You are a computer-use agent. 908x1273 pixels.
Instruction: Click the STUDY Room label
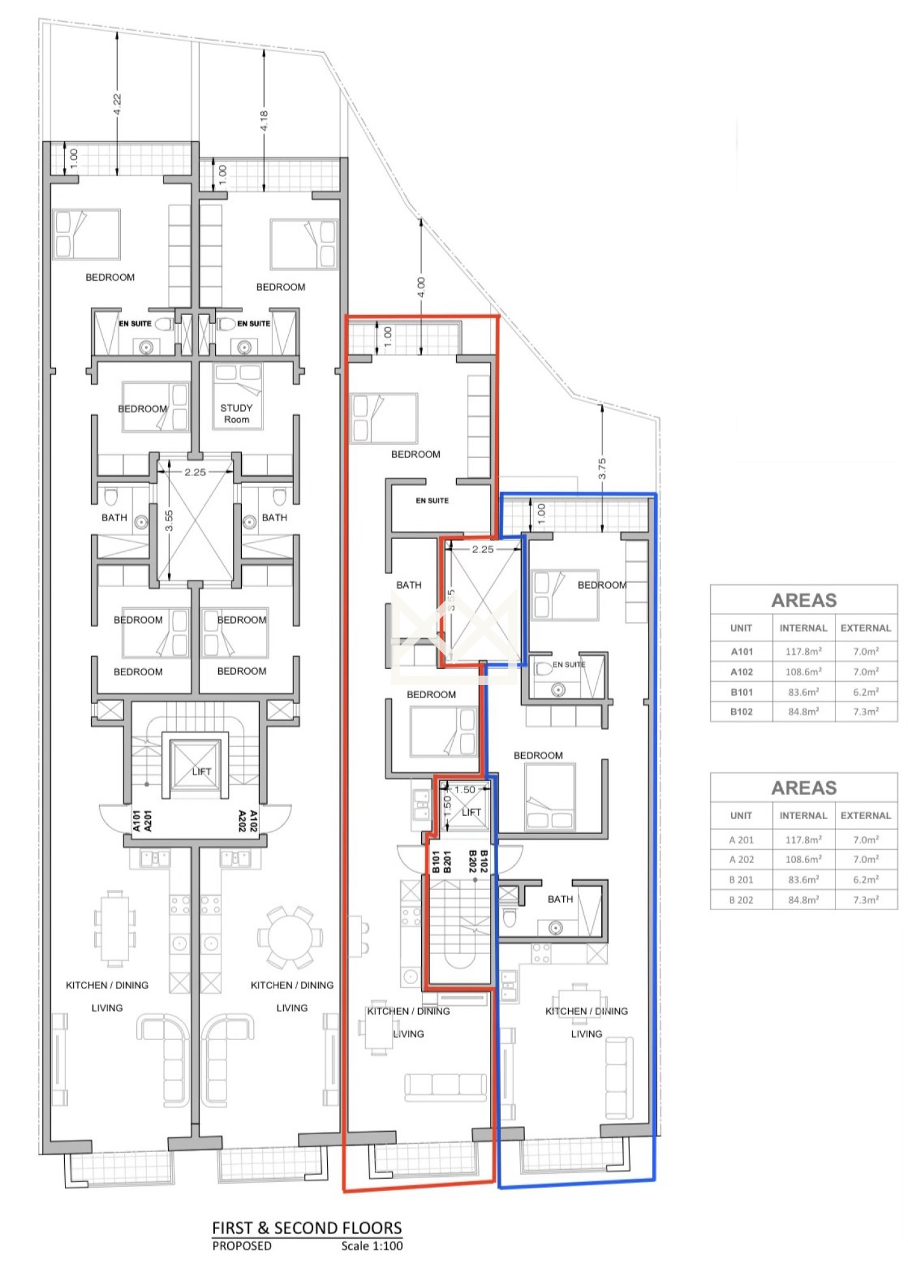tap(237, 414)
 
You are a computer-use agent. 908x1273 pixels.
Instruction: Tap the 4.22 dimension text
tap(117, 104)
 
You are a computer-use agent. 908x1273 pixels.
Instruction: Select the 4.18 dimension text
tap(264, 121)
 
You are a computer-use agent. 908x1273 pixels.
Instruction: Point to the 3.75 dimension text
tap(602, 468)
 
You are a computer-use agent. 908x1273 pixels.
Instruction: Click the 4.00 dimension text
tap(421, 287)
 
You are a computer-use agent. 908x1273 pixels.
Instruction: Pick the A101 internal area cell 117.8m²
tap(804, 652)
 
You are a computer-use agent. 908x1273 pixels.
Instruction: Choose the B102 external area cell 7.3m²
tap(866, 712)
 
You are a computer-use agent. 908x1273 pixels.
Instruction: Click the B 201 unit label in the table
tap(741, 880)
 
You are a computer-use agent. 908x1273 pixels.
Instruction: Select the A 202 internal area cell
tap(804, 859)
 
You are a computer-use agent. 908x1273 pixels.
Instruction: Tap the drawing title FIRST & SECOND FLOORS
tap(307, 1228)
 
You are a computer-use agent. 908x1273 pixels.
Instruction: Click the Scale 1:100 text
tap(372, 1246)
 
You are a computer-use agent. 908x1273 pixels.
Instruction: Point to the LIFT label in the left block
tap(202, 771)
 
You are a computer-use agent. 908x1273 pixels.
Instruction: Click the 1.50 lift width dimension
tap(464, 790)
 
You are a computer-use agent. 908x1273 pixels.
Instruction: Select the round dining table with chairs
tap(290, 938)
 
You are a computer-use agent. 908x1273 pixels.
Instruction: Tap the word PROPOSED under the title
tap(242, 1246)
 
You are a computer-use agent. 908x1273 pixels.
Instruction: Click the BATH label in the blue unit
tap(560, 899)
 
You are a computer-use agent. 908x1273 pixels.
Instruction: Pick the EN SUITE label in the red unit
tap(432, 500)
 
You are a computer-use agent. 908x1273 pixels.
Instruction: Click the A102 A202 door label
tap(248, 821)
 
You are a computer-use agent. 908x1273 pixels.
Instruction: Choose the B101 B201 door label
tap(442, 862)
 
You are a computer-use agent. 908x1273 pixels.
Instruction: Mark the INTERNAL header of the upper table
tap(804, 628)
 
